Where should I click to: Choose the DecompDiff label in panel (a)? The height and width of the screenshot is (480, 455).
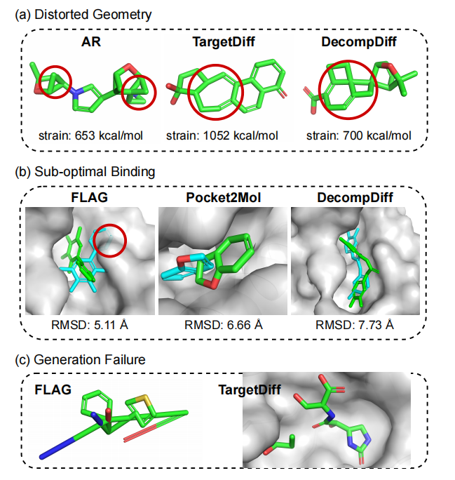pos(358,43)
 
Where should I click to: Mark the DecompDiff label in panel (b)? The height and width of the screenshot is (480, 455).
pos(358,198)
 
